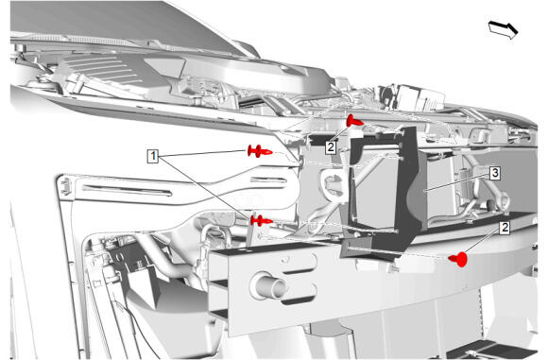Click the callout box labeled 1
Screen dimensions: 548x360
point(153,156)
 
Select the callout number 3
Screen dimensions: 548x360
point(495,173)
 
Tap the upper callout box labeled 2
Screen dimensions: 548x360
point(331,147)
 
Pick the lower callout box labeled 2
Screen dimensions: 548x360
point(505,228)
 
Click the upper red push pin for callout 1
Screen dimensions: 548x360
point(260,151)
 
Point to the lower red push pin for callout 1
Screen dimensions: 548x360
point(262,220)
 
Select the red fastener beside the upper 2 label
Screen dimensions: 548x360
point(354,121)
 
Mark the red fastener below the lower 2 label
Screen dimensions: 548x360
point(458,259)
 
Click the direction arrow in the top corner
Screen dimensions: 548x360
point(503,29)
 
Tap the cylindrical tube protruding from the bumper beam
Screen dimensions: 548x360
point(268,284)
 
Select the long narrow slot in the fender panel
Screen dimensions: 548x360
point(128,190)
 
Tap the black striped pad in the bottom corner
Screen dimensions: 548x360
point(493,350)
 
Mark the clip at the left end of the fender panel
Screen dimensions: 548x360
point(65,186)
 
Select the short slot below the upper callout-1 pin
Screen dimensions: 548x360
point(268,180)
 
